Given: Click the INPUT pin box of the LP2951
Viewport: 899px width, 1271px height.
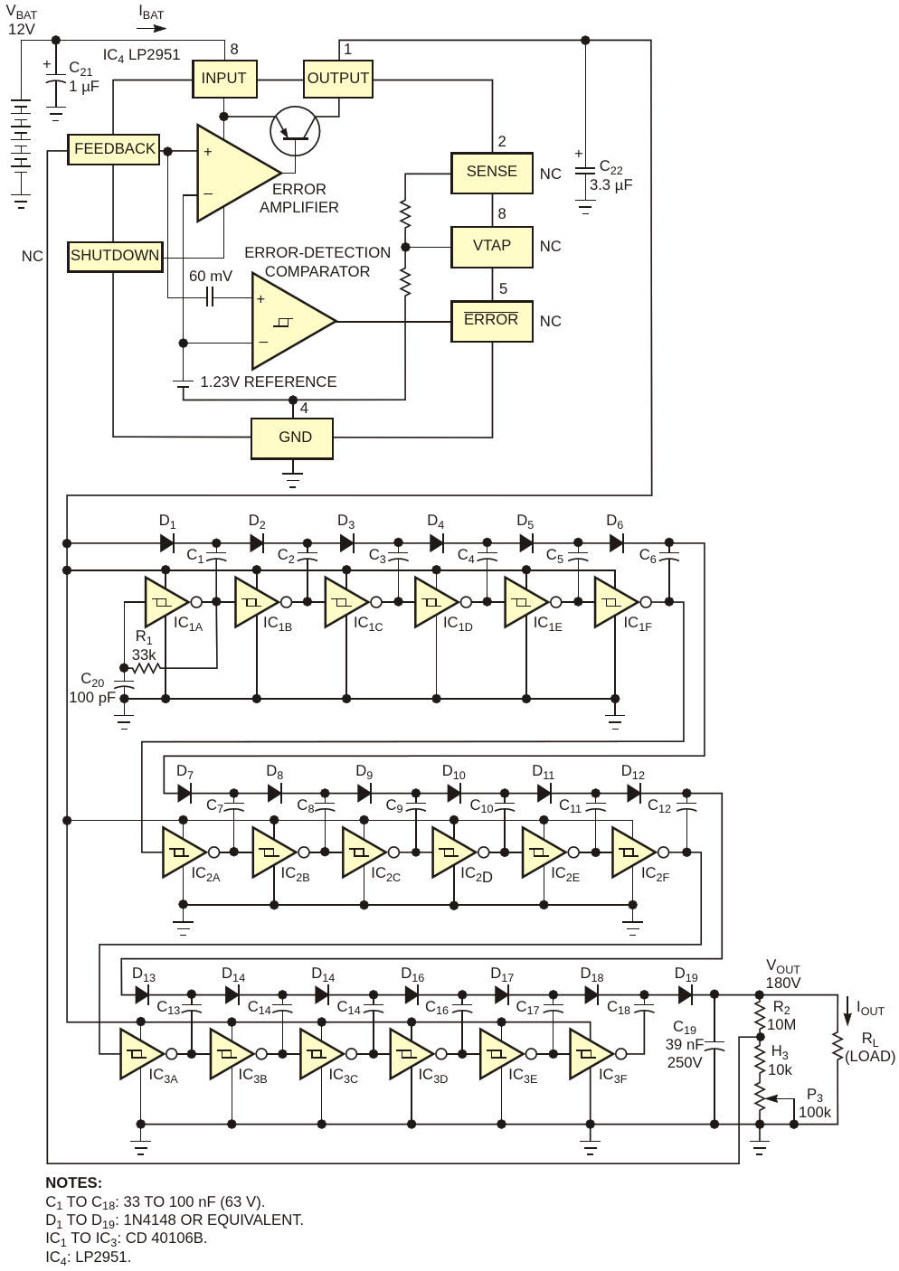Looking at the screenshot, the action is point(224,79).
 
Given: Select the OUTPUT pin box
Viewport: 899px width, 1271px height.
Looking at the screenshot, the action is point(337,79).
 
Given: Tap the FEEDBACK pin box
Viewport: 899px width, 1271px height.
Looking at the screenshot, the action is point(114,149).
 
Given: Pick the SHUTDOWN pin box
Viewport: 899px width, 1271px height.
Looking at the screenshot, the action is point(115,257).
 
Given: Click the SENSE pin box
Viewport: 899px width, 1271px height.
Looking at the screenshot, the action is point(491,173).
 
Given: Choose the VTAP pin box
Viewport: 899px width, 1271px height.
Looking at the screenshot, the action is point(491,247).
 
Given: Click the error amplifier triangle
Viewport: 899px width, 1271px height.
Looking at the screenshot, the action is point(239,173).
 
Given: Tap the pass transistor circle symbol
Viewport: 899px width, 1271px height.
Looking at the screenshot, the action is point(295,131).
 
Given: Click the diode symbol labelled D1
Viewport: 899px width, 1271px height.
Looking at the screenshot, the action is point(166,543).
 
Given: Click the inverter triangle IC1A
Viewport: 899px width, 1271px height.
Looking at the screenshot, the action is point(166,602).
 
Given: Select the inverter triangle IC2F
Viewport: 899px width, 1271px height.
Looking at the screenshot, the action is point(633,852).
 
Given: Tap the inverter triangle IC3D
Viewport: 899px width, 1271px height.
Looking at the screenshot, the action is point(411,1054).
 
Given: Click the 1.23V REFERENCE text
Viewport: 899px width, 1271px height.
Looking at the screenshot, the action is point(269,381).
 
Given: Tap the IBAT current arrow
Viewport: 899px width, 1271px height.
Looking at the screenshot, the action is point(152,28).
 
